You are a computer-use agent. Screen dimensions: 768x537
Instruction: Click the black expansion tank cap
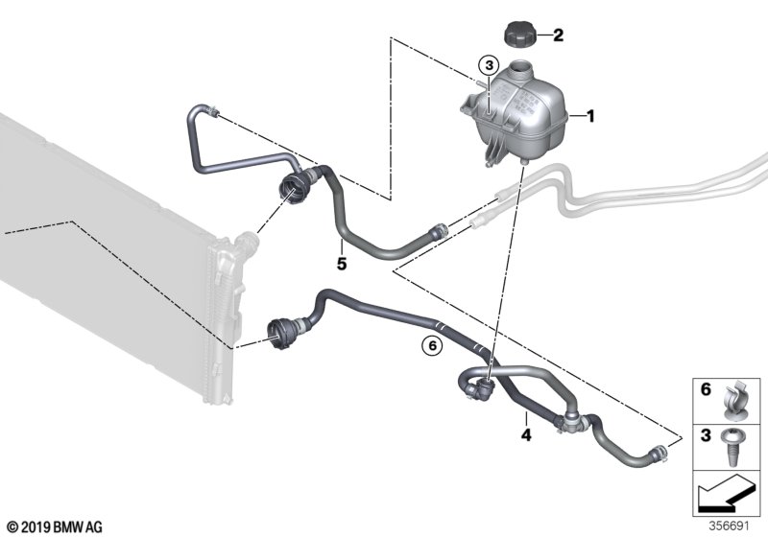520,35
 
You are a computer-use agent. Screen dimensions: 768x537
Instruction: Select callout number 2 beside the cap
558,35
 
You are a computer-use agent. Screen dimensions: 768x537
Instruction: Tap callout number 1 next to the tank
590,116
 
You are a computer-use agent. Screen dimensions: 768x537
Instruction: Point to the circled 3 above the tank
489,64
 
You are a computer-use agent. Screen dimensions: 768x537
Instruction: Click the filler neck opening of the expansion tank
520,65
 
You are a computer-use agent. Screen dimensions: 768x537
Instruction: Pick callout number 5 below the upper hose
342,264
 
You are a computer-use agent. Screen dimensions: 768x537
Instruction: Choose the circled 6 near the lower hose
432,346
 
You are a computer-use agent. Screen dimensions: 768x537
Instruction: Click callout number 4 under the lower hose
526,434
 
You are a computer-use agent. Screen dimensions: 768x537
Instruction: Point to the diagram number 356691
730,526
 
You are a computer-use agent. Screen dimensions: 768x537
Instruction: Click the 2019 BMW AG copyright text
54,527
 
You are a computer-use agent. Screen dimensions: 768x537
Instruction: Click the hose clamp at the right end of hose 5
439,230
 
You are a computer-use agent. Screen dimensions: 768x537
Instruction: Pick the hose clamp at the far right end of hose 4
659,454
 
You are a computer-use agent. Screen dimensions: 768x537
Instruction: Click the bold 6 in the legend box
706,389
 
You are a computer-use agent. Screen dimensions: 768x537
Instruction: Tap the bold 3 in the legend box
706,435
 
